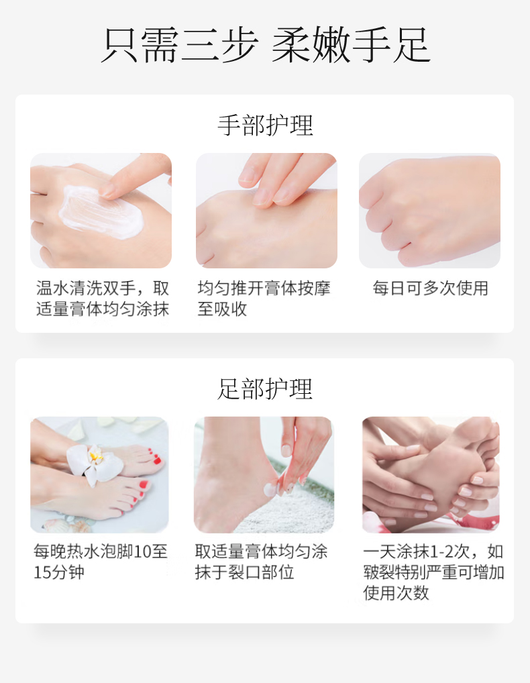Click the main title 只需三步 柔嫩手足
[266, 46]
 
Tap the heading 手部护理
[265, 125]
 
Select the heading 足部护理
[265, 389]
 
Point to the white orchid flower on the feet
[94, 463]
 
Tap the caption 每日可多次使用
[430, 288]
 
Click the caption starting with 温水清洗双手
[103, 299]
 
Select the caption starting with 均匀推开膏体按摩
[264, 299]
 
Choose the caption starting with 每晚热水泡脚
[101, 562]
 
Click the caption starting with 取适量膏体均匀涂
[261, 562]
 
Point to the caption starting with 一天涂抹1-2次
[433, 572]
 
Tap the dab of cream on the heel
[270, 488]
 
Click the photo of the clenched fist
[429, 211]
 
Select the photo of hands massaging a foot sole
[431, 474]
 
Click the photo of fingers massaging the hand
[266, 211]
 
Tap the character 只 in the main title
[119, 46]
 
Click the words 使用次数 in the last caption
[396, 593]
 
